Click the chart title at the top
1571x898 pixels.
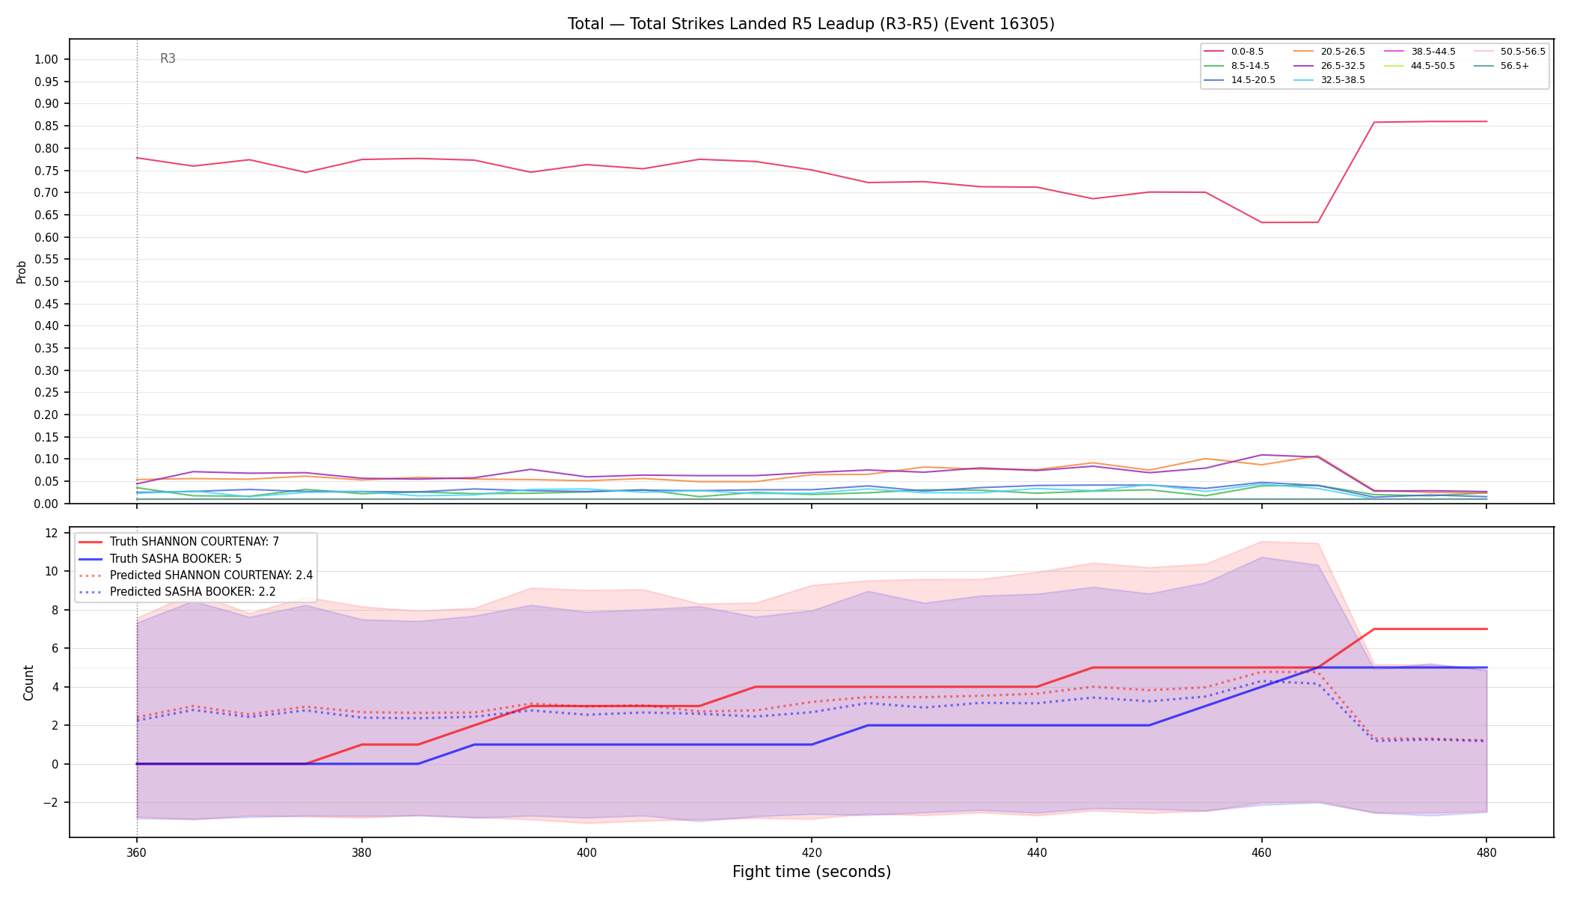pyautogui.click(x=811, y=24)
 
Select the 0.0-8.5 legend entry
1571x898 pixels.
pyautogui.click(x=1234, y=52)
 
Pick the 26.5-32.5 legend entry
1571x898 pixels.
pyautogui.click(x=1329, y=66)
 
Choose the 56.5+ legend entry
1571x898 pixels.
pyautogui.click(x=1501, y=66)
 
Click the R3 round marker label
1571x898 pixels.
pyautogui.click(x=168, y=58)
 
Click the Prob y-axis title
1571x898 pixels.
pyautogui.click(x=21, y=272)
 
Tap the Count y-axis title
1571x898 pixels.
pyautogui.click(x=28, y=682)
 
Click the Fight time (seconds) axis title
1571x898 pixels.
pyautogui.click(x=812, y=872)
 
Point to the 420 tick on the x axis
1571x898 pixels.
pyautogui.click(x=812, y=852)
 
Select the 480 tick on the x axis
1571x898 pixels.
pyautogui.click(x=1486, y=852)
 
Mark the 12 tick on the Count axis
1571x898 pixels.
pyautogui.click(x=52, y=533)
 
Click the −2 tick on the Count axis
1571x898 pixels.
pyautogui.click(x=49, y=802)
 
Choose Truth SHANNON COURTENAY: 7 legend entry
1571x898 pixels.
pyautogui.click(x=179, y=541)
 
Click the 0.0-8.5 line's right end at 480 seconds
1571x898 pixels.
pyautogui.click(x=1486, y=121)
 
